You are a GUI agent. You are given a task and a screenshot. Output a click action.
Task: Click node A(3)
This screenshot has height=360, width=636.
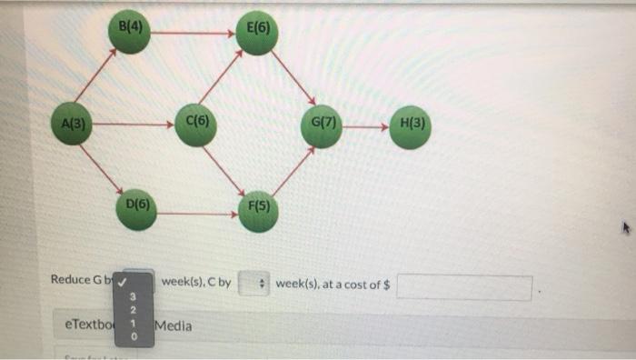point(72,125)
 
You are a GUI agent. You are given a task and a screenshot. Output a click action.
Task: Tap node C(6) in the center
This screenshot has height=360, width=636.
point(196,125)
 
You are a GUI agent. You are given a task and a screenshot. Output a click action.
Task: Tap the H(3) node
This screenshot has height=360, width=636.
point(411,125)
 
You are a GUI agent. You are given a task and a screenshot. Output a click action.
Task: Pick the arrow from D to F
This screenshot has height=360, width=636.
point(198,214)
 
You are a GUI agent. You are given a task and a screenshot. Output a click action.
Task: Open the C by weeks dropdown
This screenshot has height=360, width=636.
point(253,285)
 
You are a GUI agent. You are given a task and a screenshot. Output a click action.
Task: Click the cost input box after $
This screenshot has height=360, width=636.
point(463,286)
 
